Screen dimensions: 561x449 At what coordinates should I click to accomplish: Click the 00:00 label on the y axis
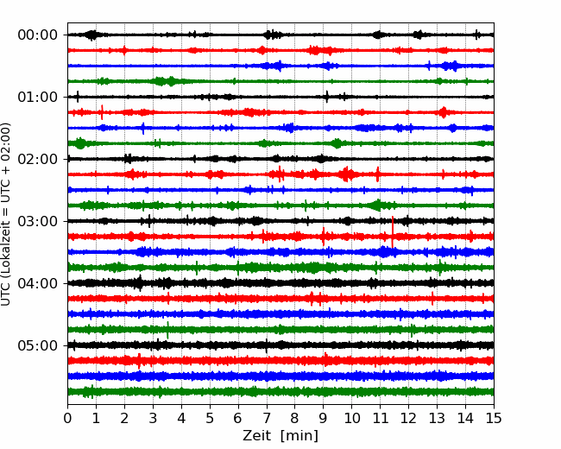pyautogui.click(x=38, y=35)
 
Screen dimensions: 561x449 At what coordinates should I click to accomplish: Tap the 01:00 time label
pyautogui.click(x=38, y=97)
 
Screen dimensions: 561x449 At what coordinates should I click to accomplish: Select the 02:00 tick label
pyautogui.click(x=38, y=159)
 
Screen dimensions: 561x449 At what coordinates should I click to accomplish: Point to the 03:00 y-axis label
pyautogui.click(x=38, y=221)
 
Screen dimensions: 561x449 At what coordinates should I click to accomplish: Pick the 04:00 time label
pyautogui.click(x=38, y=283)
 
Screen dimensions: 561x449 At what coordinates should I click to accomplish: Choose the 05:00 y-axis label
pyautogui.click(x=38, y=345)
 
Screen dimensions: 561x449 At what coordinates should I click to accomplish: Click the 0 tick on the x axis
pyautogui.click(x=67, y=418)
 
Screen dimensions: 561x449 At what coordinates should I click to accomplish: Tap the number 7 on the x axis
pyautogui.click(x=266, y=418)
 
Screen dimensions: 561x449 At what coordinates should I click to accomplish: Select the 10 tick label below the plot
pyautogui.click(x=351, y=418)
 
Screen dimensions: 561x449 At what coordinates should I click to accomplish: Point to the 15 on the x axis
pyautogui.click(x=494, y=418)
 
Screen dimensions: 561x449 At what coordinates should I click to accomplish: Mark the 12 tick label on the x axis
pyautogui.click(x=408, y=418)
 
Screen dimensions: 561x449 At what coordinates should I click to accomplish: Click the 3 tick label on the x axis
pyautogui.click(x=153, y=418)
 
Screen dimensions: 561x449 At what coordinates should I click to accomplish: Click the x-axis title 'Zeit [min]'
pyautogui.click(x=280, y=436)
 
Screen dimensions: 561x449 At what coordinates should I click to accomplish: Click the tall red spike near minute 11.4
pyautogui.click(x=393, y=231)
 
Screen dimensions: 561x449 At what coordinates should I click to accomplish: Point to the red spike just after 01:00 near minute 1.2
pyautogui.click(x=102, y=112)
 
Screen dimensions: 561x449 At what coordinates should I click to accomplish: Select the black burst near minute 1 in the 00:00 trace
pyautogui.click(x=92, y=35)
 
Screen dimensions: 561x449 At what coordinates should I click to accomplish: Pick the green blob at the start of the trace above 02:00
pyautogui.click(x=80, y=143)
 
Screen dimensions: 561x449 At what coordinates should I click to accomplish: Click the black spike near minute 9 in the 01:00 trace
pyautogui.click(x=326, y=97)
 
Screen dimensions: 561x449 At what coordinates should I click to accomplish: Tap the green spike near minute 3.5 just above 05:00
pyautogui.click(x=167, y=330)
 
